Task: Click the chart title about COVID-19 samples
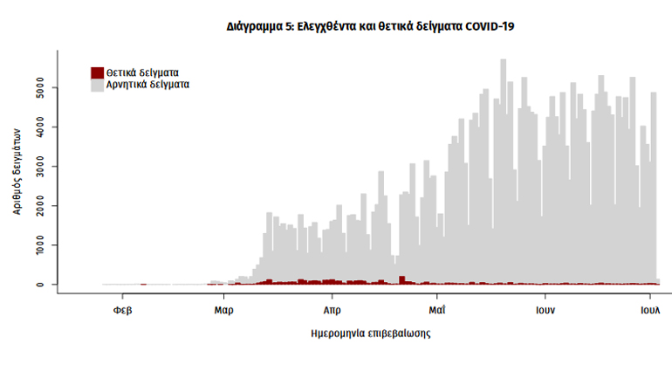(x=369, y=27)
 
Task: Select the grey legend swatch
(x=98, y=86)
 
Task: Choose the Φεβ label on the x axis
(x=122, y=310)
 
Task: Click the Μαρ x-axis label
(x=223, y=310)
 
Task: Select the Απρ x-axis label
(x=332, y=310)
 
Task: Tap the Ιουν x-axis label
(x=546, y=310)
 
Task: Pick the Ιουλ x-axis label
(x=649, y=310)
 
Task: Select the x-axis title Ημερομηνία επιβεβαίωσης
(x=370, y=333)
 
